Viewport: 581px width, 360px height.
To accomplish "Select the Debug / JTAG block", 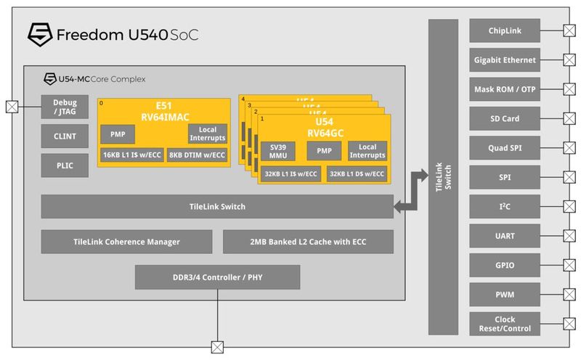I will (65, 107).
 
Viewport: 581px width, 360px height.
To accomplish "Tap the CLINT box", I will (65, 136).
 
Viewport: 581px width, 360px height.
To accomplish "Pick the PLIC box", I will (65, 165).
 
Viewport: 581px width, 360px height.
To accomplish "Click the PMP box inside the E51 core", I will (118, 134).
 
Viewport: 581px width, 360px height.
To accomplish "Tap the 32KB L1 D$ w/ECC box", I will (356, 174).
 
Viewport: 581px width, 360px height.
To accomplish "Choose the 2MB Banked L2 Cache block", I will (308, 242).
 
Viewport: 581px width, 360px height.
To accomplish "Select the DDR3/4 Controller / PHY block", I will (217, 277).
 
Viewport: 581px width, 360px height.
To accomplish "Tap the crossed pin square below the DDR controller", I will (216, 346).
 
